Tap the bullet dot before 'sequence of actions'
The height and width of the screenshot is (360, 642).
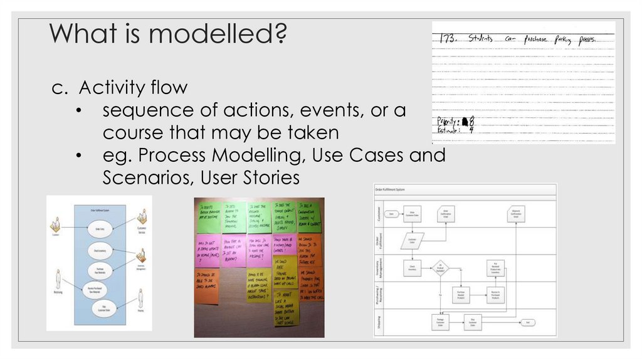pos(78,110)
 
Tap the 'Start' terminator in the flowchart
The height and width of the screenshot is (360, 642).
pos(392,214)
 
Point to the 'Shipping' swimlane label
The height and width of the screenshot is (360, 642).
pos(378,322)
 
